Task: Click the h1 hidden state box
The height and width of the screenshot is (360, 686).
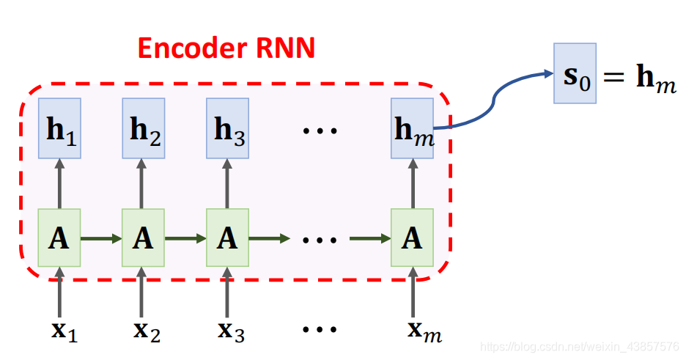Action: click(x=60, y=128)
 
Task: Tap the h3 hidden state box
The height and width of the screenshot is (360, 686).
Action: click(x=228, y=128)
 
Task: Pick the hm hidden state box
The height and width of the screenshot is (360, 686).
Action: click(x=412, y=128)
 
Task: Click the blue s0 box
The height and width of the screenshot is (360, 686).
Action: click(x=575, y=73)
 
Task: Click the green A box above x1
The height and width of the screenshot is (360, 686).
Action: click(x=60, y=238)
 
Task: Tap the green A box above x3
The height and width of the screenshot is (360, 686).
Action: click(x=228, y=238)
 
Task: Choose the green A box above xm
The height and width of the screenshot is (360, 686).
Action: click(x=412, y=238)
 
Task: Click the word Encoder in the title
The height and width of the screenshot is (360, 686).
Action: click(x=192, y=48)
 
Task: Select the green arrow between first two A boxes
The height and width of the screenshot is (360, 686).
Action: click(x=102, y=238)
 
